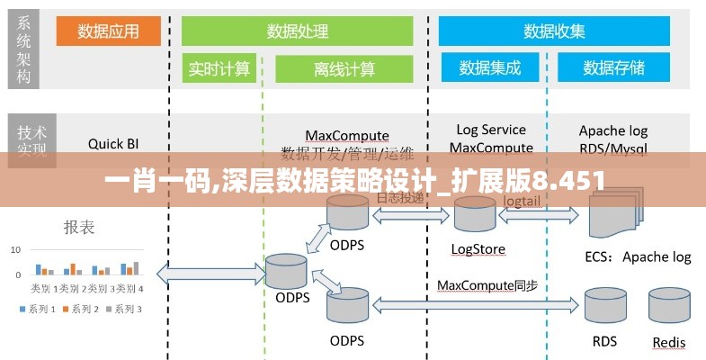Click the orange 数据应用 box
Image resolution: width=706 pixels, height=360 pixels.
point(109,31)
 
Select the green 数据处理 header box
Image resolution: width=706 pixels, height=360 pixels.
point(298,31)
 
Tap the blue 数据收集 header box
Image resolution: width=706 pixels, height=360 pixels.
point(555,31)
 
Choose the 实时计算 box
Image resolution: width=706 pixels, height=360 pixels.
point(219,69)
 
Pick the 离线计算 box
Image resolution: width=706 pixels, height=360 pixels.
point(344,69)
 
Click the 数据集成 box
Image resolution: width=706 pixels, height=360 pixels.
point(492,67)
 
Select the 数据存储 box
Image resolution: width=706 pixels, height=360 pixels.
point(614,67)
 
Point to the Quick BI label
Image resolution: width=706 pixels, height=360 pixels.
point(113,142)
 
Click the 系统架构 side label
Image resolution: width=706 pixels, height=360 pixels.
point(24,49)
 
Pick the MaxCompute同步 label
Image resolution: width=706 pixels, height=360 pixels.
point(487,285)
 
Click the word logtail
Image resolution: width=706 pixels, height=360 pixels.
point(523,202)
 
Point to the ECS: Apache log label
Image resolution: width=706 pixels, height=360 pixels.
point(639,256)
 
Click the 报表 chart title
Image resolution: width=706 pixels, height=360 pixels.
point(79,228)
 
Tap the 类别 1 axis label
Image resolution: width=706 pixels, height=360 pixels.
point(41,289)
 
